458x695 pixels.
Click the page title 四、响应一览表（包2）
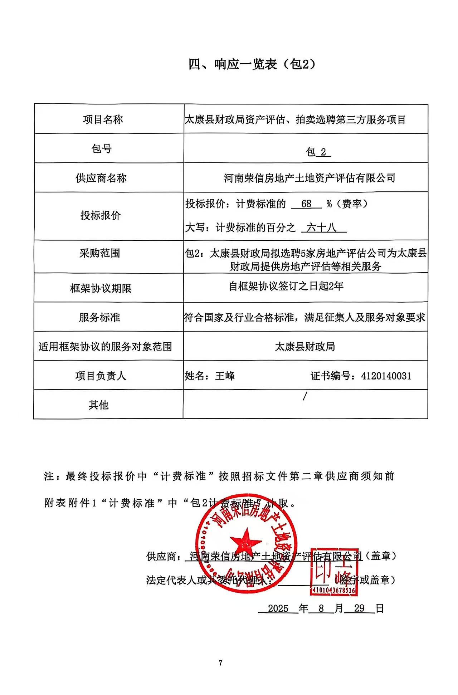[252, 64]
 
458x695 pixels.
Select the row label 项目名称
[103, 119]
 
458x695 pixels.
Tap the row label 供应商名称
[101, 178]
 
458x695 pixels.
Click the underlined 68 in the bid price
[306, 204]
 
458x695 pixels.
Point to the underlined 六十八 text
[322, 227]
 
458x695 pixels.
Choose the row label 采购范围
[100, 253]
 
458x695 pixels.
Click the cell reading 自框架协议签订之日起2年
[286, 286]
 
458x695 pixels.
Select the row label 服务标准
[100, 317]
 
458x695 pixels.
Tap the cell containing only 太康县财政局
[305, 347]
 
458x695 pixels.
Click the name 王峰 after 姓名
[225, 376]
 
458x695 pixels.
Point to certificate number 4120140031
[386, 376]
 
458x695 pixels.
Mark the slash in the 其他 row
[305, 396]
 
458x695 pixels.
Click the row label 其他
[98, 405]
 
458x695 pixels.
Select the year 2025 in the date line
[278, 608]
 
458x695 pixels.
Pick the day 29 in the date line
[359, 608]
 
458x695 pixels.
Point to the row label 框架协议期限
[101, 288]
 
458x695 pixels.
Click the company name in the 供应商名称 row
[310, 178]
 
